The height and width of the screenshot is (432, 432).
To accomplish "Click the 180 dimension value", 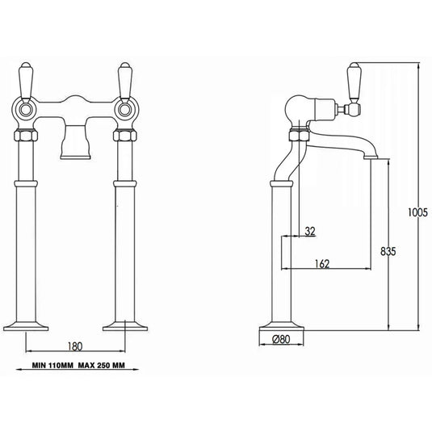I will point(76,348).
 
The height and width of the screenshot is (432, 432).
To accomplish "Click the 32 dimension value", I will point(310,231).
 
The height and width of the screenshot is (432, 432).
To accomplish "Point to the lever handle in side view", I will point(353,81).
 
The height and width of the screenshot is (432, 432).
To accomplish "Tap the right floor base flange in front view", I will point(125,325).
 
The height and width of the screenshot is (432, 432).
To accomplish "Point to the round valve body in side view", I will point(293,107).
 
